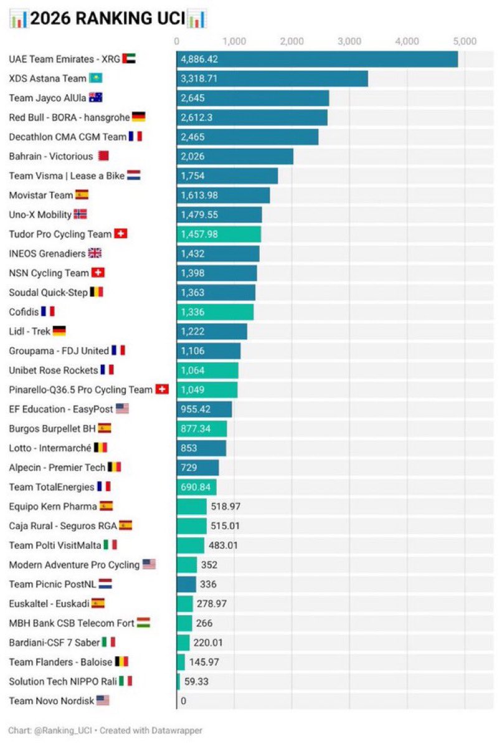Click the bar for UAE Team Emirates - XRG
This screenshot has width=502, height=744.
click(x=317, y=59)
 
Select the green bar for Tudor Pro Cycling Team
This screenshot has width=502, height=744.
click(x=219, y=234)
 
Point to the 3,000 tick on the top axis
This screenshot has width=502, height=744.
click(x=349, y=42)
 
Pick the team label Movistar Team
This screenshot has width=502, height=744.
click(x=40, y=195)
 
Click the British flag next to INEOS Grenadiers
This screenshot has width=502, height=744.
click(x=95, y=254)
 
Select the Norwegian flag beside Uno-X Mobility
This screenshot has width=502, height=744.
click(x=80, y=214)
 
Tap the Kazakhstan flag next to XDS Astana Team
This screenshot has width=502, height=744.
click(x=96, y=79)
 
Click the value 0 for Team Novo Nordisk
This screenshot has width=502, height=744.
click(x=183, y=701)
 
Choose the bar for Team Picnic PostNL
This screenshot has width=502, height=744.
click(x=186, y=584)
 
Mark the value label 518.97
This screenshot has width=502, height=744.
click(x=226, y=506)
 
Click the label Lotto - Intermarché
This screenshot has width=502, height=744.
click(x=50, y=447)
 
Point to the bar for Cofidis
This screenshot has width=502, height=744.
click(x=215, y=312)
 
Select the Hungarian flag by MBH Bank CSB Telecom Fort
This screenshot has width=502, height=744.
click(x=144, y=622)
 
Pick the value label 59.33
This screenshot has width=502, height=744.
click(x=196, y=681)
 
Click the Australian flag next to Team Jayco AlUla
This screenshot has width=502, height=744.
click(x=96, y=98)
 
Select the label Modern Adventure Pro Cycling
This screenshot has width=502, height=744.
click(x=74, y=565)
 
